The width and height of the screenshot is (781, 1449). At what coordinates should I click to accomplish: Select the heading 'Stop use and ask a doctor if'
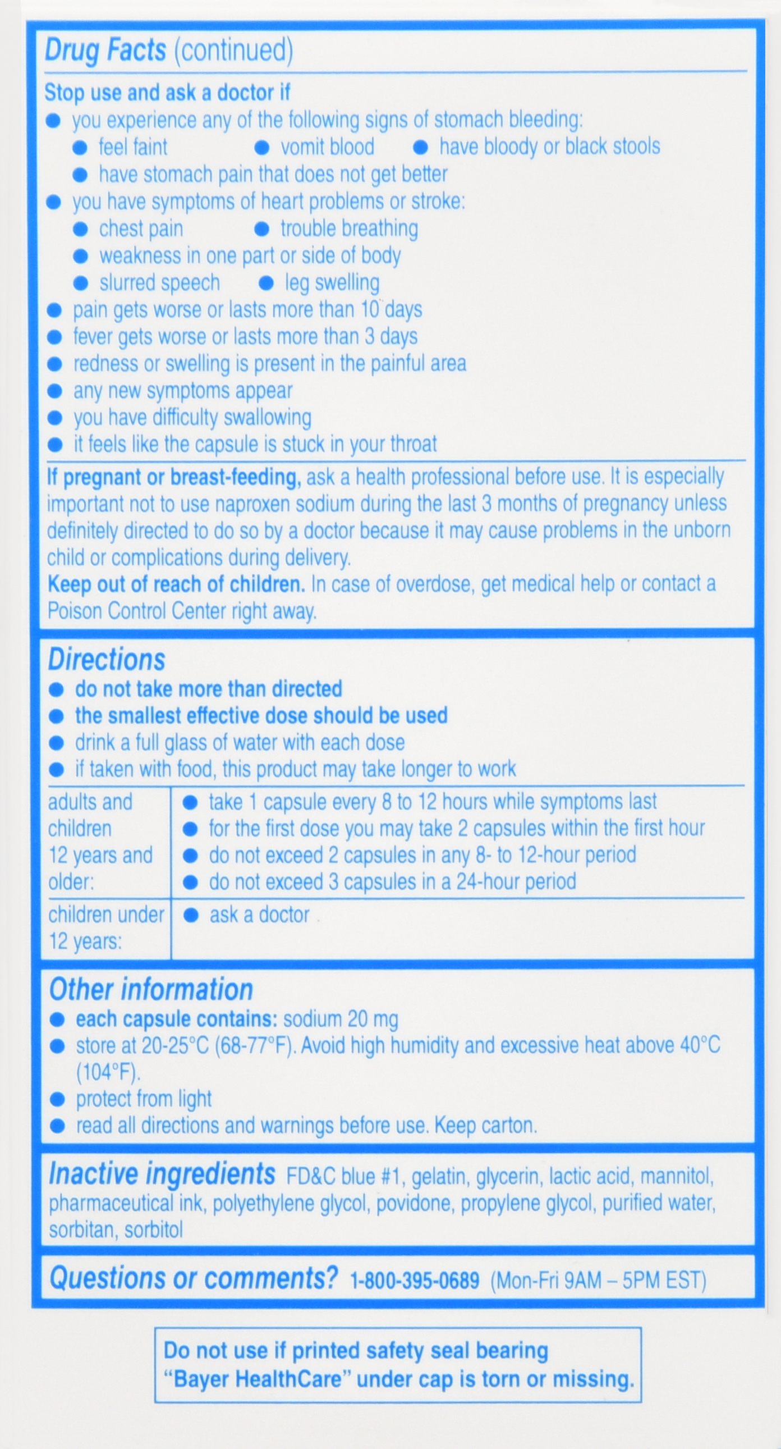pyautogui.click(x=167, y=93)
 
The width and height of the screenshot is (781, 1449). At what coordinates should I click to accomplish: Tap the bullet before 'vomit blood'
pyautogui.click(x=261, y=148)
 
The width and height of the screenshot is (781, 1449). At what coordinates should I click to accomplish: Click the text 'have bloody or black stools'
pyautogui.click(x=549, y=147)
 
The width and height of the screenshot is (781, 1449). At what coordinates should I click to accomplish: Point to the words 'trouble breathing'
pyautogui.click(x=349, y=229)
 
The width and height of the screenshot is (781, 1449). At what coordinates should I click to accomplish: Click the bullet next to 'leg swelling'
pyautogui.click(x=266, y=283)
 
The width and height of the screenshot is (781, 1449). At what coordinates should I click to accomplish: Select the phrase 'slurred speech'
pyautogui.click(x=160, y=283)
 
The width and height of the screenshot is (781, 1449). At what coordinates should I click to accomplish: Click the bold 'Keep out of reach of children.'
pyautogui.click(x=176, y=584)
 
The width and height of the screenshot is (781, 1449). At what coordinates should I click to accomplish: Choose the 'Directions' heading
pyautogui.click(x=106, y=659)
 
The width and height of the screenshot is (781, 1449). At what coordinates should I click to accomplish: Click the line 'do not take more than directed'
pyautogui.click(x=209, y=689)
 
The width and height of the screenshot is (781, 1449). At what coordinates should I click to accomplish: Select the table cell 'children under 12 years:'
pyautogui.click(x=105, y=927)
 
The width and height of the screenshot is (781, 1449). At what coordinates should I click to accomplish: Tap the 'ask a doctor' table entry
pyautogui.click(x=259, y=915)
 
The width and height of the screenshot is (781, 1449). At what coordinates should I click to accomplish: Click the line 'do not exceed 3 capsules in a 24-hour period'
pyautogui.click(x=393, y=882)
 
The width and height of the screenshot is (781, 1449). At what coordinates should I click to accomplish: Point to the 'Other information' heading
pyautogui.click(x=151, y=989)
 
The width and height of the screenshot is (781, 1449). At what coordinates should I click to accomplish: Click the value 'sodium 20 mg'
pyautogui.click(x=341, y=1020)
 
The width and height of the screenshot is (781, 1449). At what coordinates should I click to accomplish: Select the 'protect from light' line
pyautogui.click(x=144, y=1099)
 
